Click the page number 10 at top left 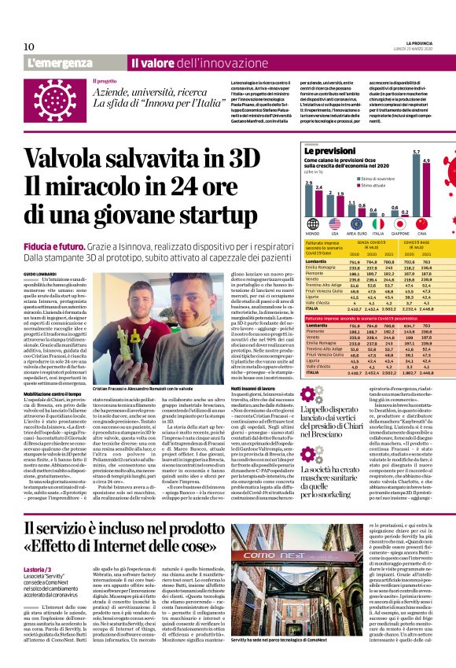29,46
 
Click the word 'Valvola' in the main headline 77,153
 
